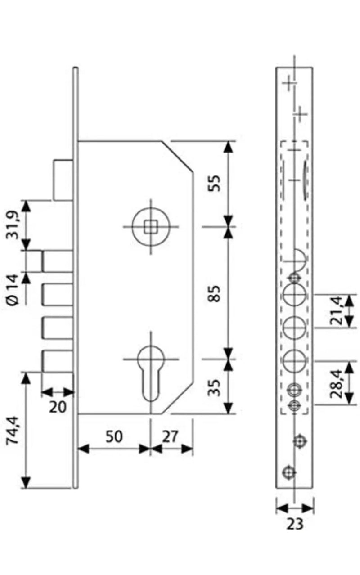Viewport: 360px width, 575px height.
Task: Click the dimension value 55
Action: (214, 183)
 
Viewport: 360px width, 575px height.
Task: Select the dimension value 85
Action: (214, 293)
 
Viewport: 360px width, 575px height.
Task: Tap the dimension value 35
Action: (214, 388)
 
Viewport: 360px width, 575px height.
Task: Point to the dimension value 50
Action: (114, 436)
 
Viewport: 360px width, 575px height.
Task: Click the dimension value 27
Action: (170, 436)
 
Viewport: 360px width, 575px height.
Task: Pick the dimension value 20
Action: (58, 407)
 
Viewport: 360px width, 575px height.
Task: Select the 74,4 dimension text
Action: (13, 430)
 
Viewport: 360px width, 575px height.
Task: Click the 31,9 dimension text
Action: (13, 225)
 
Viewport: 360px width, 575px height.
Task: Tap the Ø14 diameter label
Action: (13, 290)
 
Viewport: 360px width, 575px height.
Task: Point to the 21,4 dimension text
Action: (336, 310)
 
